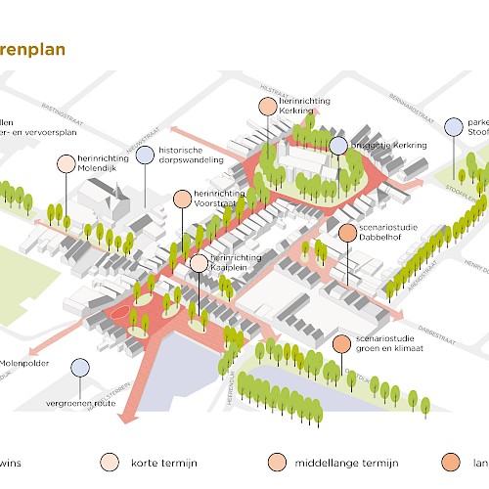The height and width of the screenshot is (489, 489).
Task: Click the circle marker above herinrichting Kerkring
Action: [268, 107]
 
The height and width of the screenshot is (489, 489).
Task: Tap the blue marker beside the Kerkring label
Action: [337, 146]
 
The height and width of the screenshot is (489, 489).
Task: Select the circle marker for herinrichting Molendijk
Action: [66, 163]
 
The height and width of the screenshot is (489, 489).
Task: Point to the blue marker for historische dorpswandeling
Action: [145, 155]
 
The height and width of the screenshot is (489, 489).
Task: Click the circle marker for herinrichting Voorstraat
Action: [182, 199]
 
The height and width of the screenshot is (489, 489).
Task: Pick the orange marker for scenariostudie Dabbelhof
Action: [347, 232]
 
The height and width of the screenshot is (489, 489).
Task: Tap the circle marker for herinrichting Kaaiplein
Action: [199, 262]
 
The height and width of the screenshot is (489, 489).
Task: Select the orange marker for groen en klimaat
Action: [340, 344]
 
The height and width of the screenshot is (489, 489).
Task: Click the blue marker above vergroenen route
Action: [79, 368]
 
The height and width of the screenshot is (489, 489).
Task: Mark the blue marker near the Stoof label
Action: [453, 126]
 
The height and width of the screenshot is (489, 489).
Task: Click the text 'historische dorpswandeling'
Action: [194, 155]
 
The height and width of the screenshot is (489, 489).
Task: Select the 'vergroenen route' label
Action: [79, 402]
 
